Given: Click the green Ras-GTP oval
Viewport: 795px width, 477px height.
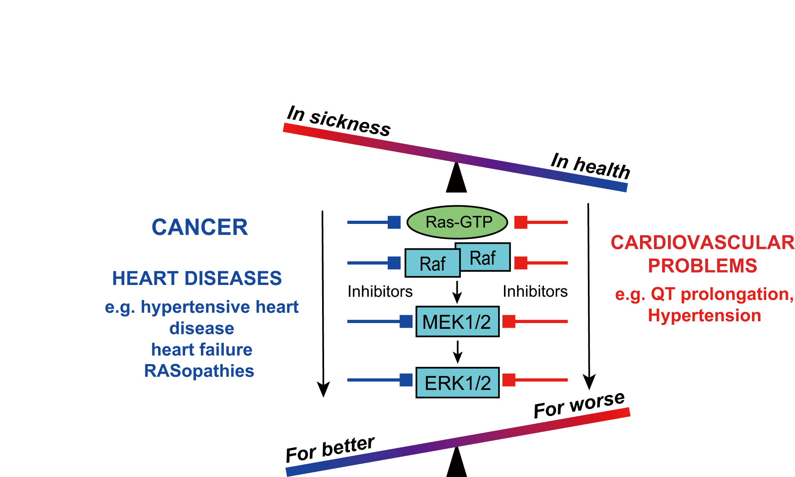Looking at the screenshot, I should pyautogui.click(x=457, y=222).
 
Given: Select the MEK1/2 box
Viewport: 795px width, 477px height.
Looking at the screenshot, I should pyautogui.click(x=457, y=321).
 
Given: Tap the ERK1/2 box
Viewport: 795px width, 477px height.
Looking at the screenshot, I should pyautogui.click(x=457, y=383).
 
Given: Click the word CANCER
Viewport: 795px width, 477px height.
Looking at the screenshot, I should pyautogui.click(x=200, y=227).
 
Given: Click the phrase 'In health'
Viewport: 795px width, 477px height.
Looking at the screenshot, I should pyautogui.click(x=590, y=166).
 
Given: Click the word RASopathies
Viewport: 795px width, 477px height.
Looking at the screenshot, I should pyautogui.click(x=199, y=371).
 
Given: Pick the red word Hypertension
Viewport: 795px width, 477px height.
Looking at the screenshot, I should pyautogui.click(x=704, y=315).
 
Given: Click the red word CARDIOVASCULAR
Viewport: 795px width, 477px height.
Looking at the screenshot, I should pyautogui.click(x=703, y=243).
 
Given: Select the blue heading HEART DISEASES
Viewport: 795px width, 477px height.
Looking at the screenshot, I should pyautogui.click(x=197, y=278).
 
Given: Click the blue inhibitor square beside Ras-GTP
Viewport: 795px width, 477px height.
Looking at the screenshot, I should pyautogui.click(x=394, y=222).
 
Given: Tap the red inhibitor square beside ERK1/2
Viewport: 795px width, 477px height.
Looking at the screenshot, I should pyautogui.click(x=509, y=380).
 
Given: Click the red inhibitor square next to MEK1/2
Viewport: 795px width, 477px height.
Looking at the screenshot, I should pyautogui.click(x=509, y=321).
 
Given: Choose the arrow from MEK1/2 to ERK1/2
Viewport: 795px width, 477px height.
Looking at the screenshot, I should pyautogui.click(x=458, y=351).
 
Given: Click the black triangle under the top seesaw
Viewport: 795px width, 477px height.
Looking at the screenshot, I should pyautogui.click(x=457, y=179).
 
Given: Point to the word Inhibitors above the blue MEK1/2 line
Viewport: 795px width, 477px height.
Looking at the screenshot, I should pyautogui.click(x=380, y=292).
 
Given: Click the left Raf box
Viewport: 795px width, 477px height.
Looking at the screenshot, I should pyautogui.click(x=432, y=264).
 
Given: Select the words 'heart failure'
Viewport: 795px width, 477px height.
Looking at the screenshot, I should pyautogui.click(x=202, y=349).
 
